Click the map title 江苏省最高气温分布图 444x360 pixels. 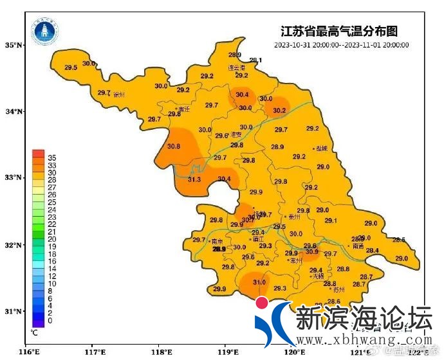tap(340, 31)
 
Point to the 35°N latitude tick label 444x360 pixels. tap(14, 45)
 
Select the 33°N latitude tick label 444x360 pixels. tap(14, 177)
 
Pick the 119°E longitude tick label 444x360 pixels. tap(227, 352)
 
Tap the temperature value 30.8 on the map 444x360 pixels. tap(173, 147)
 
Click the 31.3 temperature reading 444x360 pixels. tap(194, 179)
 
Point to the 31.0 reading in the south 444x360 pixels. tap(259, 282)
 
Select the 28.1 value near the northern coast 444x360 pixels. tap(255, 60)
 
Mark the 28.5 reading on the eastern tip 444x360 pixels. tap(399, 240)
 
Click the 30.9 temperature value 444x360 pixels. tap(312, 252)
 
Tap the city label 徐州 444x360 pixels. tap(118, 94)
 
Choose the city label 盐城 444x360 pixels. tap(320, 148)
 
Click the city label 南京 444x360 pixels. tap(217, 242)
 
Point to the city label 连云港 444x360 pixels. tap(237, 67)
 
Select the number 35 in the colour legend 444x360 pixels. tap(52, 157)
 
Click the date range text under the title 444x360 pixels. tap(341, 45)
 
